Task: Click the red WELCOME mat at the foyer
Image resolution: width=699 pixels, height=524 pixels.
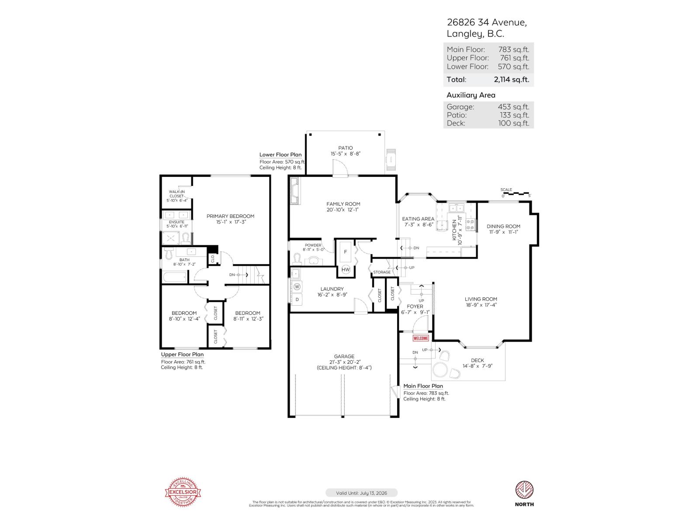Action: click(421, 338)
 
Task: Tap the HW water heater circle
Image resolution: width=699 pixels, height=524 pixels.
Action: click(346, 270)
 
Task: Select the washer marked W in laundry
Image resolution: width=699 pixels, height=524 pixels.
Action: click(297, 287)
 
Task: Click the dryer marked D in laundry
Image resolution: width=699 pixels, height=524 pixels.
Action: click(297, 299)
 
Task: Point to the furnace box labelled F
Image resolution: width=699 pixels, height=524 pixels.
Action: click(346, 252)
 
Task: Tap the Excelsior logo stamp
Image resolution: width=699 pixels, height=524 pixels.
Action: click(183, 492)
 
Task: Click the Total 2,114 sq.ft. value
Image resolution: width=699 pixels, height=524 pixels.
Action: click(511, 79)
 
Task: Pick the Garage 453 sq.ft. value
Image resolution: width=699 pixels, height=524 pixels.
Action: click(513, 107)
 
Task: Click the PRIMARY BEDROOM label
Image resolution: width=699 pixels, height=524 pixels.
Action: click(230, 216)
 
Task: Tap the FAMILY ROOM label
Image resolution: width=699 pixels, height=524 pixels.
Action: click(343, 204)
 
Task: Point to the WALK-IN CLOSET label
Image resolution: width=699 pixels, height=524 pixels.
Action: click(176, 194)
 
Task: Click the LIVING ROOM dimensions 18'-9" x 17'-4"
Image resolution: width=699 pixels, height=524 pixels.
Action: click(481, 305)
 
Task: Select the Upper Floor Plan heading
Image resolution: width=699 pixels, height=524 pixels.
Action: click(182, 355)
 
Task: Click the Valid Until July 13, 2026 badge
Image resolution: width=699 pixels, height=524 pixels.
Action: click(361, 493)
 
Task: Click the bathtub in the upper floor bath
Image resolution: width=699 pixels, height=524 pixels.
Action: click(175, 277)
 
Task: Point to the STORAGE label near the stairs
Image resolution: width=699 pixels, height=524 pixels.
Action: click(382, 272)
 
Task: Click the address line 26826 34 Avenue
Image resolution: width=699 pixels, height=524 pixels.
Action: click(486, 22)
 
